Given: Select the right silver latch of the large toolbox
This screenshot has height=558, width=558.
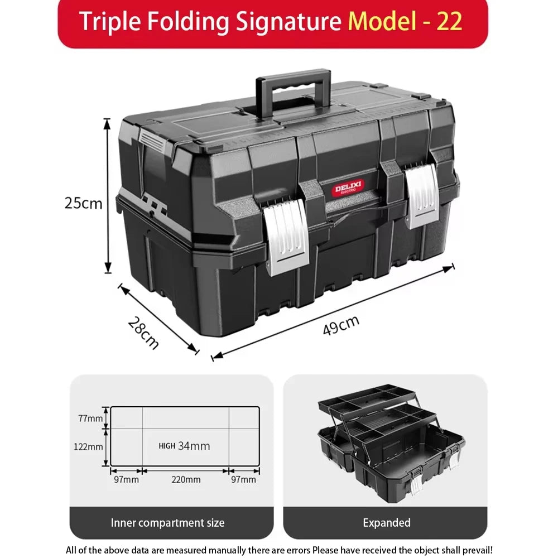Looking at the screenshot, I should coord(422,196).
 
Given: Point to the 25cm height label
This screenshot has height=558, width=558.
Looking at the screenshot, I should coord(84,203).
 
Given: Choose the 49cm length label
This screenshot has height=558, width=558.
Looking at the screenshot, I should coord(341,325).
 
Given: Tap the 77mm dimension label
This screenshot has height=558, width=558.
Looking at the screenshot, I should coord(90,417).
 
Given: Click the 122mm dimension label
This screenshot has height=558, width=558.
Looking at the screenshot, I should coord(89,446).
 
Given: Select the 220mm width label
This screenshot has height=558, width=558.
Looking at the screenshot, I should coord(186,479).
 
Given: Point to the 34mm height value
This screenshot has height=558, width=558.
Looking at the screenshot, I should coord(194,445).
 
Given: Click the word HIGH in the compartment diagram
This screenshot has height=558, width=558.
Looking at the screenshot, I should coord(167,446).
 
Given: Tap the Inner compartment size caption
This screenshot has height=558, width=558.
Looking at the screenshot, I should coord(167,523).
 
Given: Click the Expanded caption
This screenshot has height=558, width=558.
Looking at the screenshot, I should coord(387,523).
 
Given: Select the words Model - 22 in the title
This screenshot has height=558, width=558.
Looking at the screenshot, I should coord(405,22).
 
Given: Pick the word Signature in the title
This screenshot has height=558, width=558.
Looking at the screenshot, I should coord(288,22).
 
